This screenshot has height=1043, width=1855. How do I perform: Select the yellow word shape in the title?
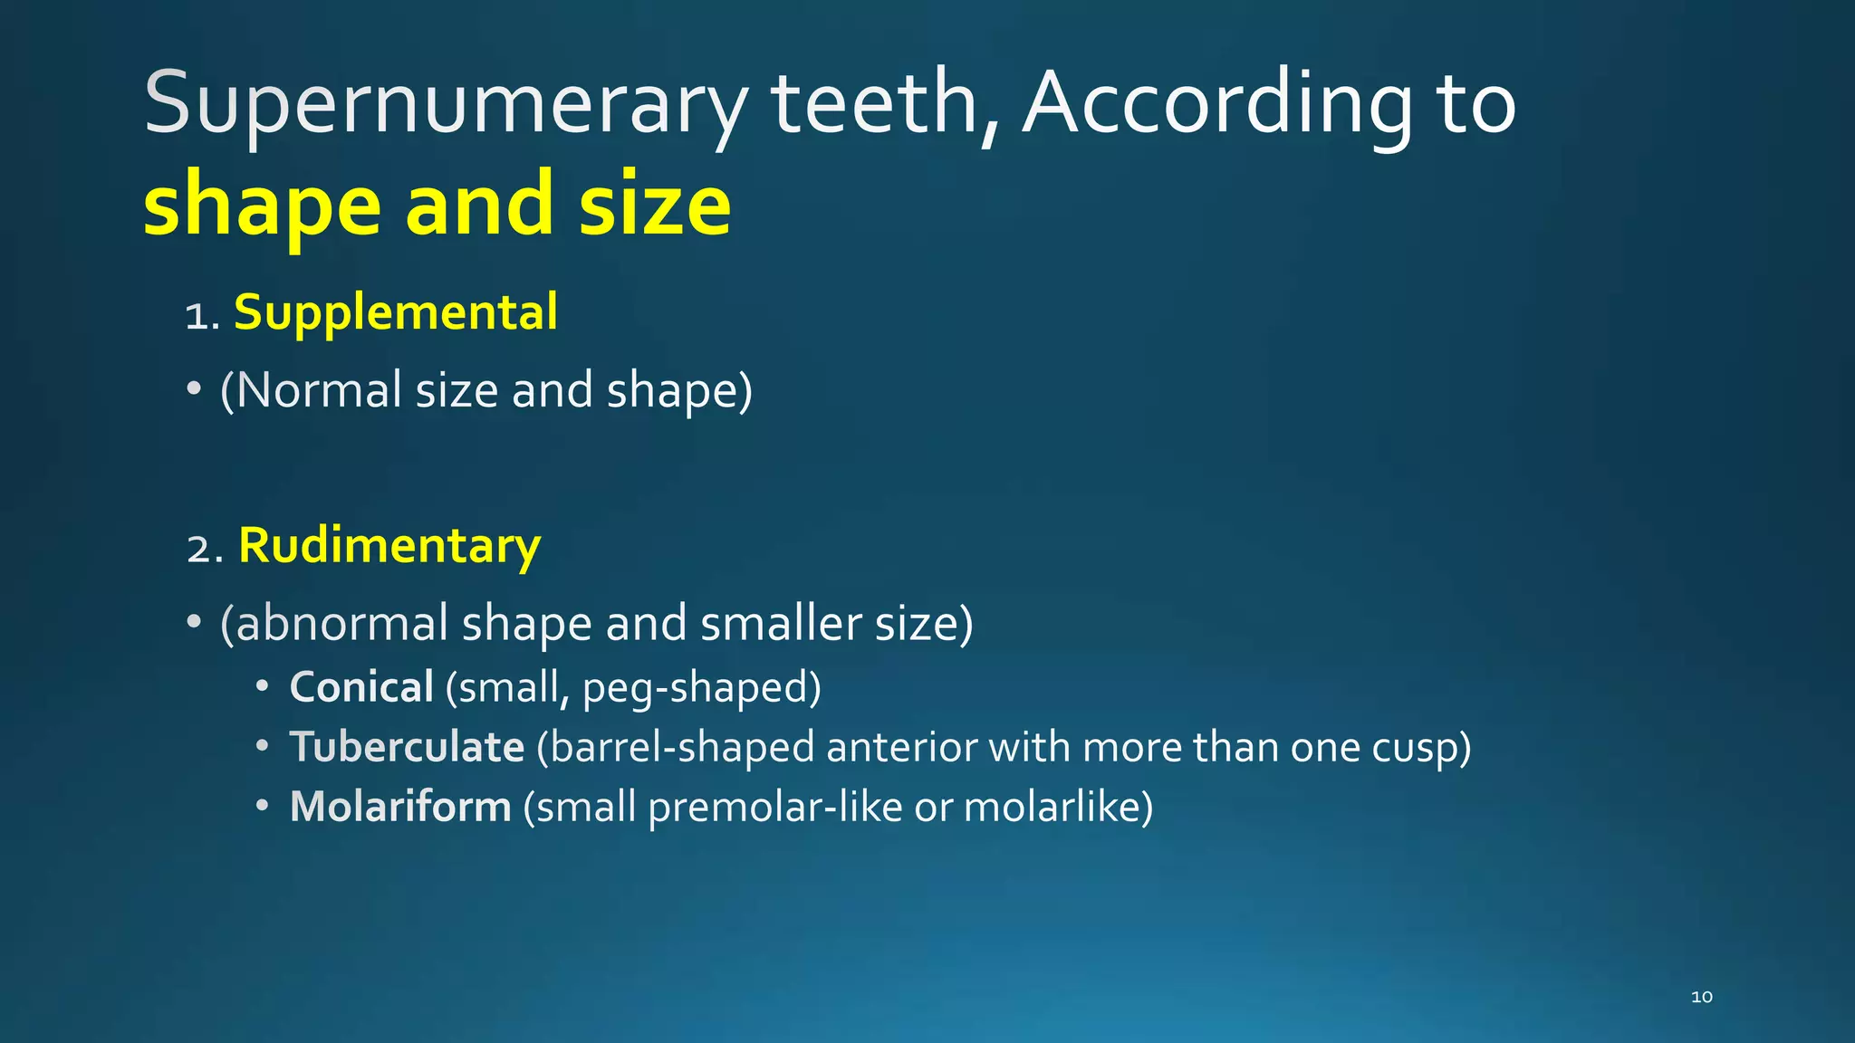(x=262, y=205)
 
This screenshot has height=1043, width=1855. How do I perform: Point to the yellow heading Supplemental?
(x=396, y=313)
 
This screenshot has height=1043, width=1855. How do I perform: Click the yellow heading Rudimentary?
(x=389, y=546)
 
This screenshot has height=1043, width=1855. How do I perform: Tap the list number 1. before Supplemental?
(x=202, y=317)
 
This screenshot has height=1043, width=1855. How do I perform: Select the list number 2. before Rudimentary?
(x=205, y=550)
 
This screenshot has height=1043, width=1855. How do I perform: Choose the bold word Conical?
(x=361, y=687)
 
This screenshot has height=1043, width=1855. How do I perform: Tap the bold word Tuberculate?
(x=407, y=748)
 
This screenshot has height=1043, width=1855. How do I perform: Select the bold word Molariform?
(x=400, y=807)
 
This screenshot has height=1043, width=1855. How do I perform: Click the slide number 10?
(x=1702, y=997)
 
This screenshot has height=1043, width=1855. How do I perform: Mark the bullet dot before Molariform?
(x=262, y=805)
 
